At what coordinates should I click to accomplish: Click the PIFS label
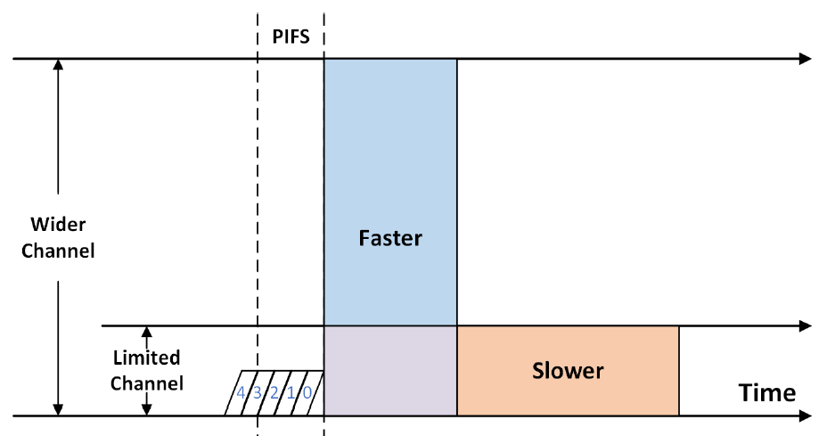tap(290, 38)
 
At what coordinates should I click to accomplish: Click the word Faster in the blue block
tap(389, 238)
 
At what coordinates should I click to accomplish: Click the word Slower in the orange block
tap(568, 370)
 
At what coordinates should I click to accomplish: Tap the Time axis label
tap(766, 392)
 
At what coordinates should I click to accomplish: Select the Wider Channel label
tap(58, 238)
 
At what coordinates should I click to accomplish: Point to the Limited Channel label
tap(147, 371)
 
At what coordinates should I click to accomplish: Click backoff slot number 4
tap(241, 393)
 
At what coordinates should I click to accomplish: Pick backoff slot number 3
tap(258, 393)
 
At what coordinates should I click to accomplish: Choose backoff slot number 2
tap(274, 393)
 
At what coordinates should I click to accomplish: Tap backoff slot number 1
tap(291, 393)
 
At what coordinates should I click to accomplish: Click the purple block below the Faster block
tap(389, 371)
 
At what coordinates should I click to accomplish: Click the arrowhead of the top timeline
tap(805, 59)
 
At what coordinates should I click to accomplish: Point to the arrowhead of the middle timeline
tap(805, 325)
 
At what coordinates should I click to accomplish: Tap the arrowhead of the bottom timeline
tap(805, 415)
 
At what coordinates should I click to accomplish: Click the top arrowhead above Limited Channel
tap(148, 333)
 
